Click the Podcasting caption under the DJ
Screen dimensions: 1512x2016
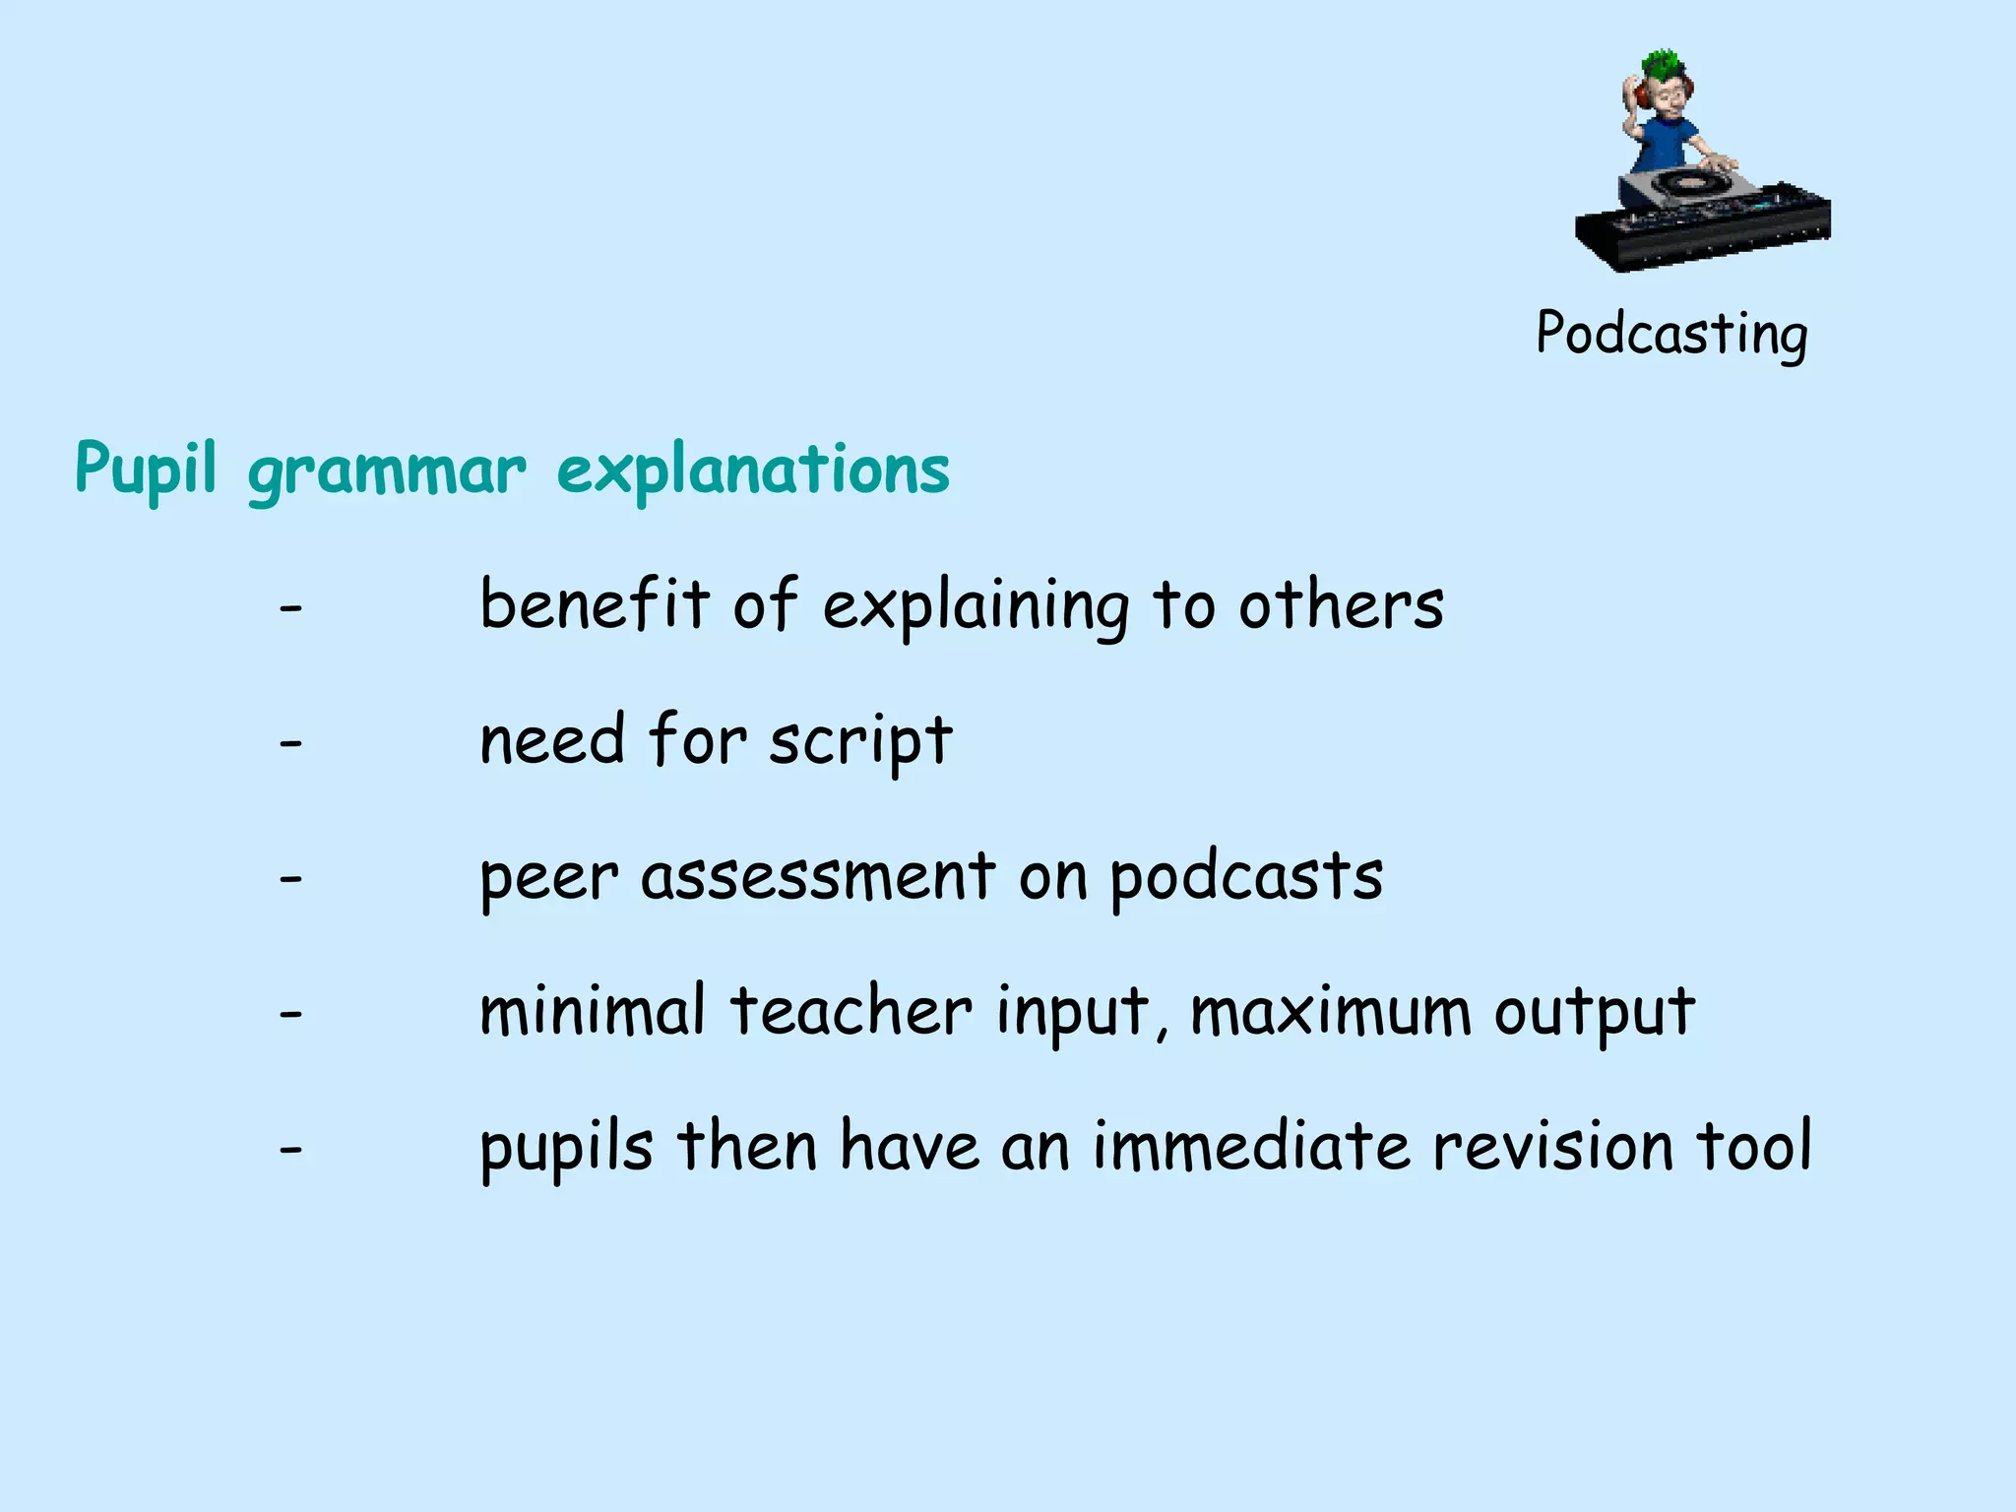tap(1671, 335)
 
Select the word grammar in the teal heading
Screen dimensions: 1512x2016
tap(387, 472)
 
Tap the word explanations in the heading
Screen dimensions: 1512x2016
tap(753, 471)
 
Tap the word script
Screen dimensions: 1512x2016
tap(860, 742)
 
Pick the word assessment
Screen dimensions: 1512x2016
tap(818, 876)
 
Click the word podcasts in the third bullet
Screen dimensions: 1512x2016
tap(1246, 876)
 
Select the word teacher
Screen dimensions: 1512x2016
tap(850, 1011)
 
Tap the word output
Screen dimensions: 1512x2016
tap(1595, 1013)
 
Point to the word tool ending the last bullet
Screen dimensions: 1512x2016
tap(1754, 1147)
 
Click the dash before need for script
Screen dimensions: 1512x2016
tap(290, 744)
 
